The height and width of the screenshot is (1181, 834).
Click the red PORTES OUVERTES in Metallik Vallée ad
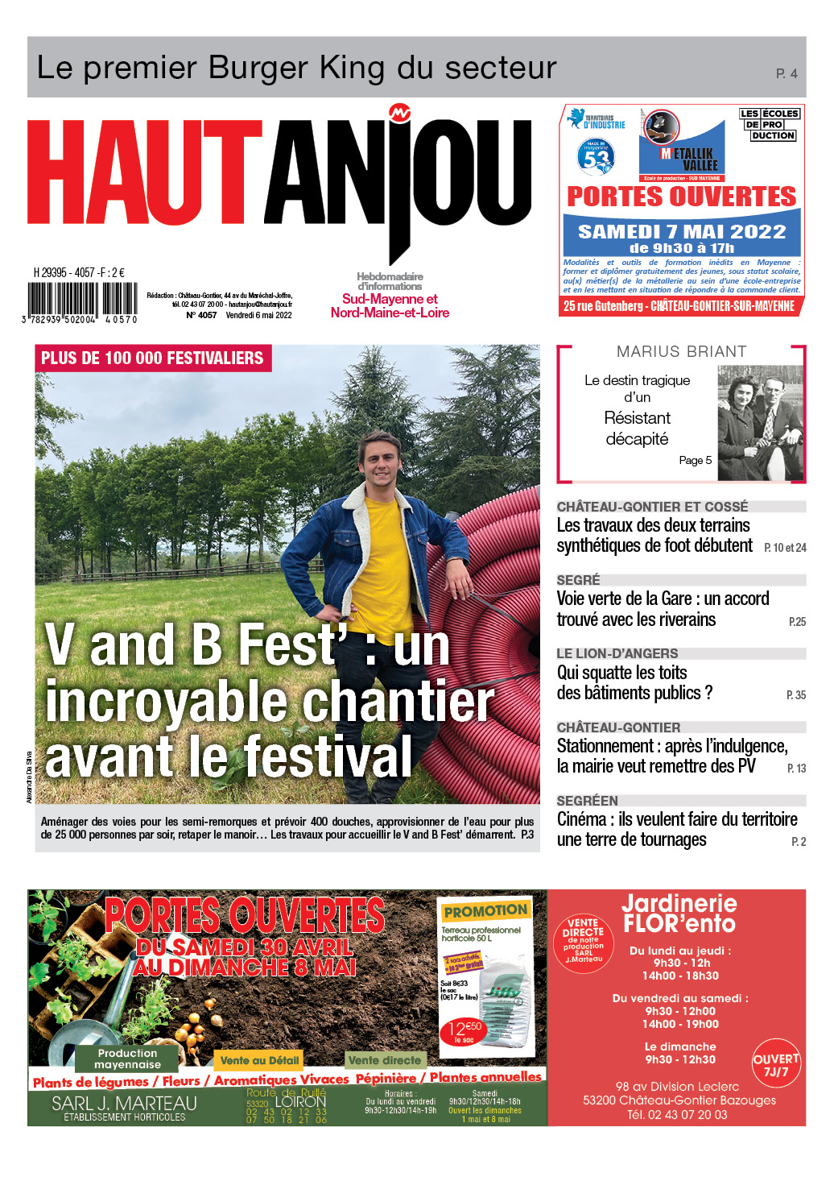pos(681,197)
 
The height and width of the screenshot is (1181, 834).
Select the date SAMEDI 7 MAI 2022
pos(681,231)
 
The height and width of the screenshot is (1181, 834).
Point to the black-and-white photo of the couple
pos(759,422)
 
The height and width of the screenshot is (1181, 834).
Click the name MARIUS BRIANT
pos(681,351)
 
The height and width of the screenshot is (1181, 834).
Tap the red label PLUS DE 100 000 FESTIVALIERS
pos(152,358)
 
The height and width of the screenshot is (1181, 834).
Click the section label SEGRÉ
pos(578,580)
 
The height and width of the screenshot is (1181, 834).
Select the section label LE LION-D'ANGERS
pos(617,653)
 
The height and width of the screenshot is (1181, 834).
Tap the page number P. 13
pos(796,769)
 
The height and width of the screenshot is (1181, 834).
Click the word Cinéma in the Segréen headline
pos(582,819)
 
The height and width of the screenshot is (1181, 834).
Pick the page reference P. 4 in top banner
pos(787,73)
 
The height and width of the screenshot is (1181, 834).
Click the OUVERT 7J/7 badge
pos(776,1065)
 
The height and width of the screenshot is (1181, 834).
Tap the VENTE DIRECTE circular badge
pos(583,939)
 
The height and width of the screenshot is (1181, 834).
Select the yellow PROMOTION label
pos(485,911)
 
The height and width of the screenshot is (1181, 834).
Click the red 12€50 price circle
pos(464,1030)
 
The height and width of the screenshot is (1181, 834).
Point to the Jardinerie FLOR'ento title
pos(679,914)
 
